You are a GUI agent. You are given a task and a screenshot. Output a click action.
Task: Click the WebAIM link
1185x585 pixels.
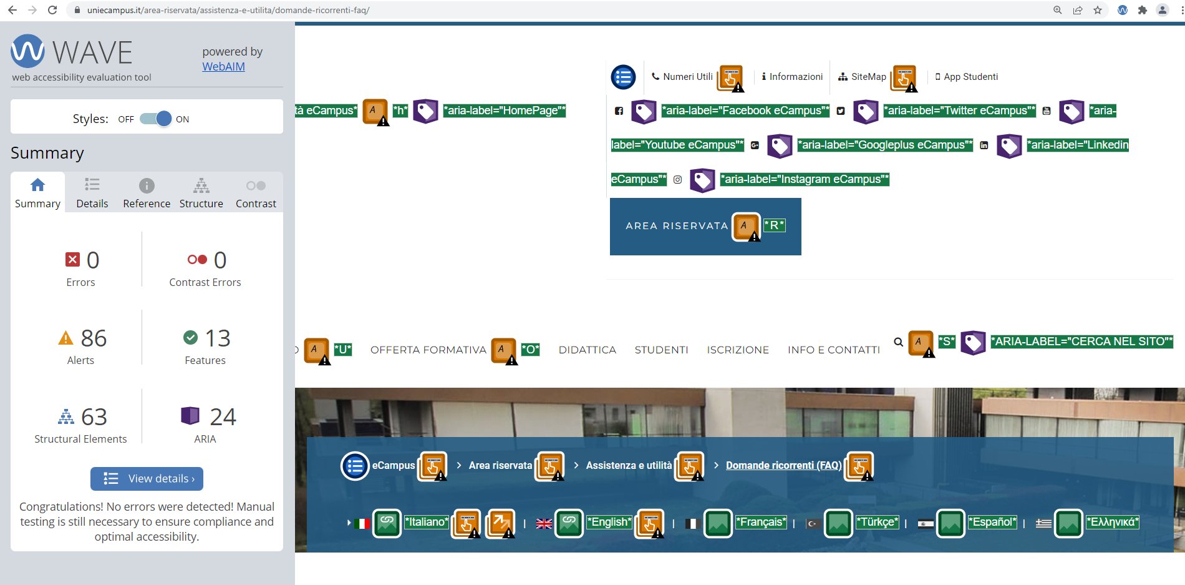(223, 67)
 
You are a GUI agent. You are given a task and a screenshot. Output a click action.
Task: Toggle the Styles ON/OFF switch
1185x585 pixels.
(155, 119)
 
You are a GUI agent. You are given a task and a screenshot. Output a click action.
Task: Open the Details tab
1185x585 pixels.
(92, 193)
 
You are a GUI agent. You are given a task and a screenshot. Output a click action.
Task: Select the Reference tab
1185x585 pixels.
(147, 193)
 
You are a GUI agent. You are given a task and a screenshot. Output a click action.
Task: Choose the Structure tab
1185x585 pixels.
(201, 193)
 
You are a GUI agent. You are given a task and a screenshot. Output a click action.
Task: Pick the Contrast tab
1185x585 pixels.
(256, 193)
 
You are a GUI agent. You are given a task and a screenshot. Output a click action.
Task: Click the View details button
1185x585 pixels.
(147, 479)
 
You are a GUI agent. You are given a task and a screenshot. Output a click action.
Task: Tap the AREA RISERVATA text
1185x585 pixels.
(677, 226)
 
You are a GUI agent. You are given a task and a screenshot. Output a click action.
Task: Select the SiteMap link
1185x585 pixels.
(862, 77)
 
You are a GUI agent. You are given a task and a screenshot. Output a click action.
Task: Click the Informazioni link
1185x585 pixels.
(792, 77)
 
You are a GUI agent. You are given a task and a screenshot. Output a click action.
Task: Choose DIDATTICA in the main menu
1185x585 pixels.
(588, 350)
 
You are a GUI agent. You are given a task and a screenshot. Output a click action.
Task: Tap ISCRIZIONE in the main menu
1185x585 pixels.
(738, 350)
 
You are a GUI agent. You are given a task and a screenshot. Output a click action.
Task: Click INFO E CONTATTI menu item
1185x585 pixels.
(834, 350)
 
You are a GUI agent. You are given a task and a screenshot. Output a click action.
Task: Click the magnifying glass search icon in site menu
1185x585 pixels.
(898, 342)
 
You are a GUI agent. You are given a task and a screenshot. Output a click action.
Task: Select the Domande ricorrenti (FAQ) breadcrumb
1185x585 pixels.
(784, 466)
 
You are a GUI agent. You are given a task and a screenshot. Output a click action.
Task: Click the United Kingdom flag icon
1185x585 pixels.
(544, 524)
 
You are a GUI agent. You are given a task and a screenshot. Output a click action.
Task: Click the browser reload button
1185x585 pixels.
(52, 10)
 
